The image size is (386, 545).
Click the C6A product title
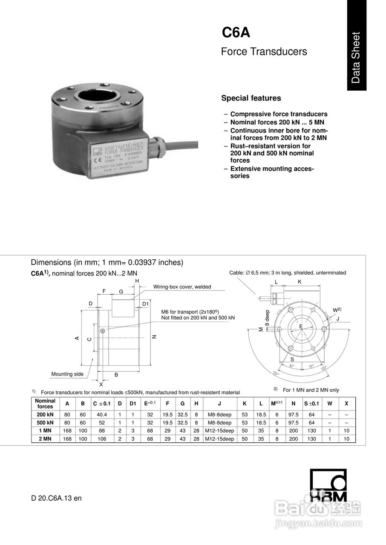[236, 33]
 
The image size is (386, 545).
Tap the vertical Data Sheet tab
[356, 57]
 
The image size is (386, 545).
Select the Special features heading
[251, 98]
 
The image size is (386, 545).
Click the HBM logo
[328, 485]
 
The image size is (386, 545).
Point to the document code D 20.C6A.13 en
[56, 498]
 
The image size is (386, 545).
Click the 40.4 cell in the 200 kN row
[101, 415]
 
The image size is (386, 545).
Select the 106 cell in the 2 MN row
[101, 439]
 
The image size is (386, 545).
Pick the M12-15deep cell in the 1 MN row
[219, 431]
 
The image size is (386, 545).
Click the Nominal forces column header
[45, 404]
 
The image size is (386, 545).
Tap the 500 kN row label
[45, 423]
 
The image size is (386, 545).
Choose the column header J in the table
[219, 404]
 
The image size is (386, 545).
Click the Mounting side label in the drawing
[67, 374]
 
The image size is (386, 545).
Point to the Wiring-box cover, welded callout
[182, 287]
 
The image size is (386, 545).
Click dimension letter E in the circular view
[300, 326]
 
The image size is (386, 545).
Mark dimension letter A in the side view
[77, 338]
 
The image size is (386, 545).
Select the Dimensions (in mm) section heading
[107, 262]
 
